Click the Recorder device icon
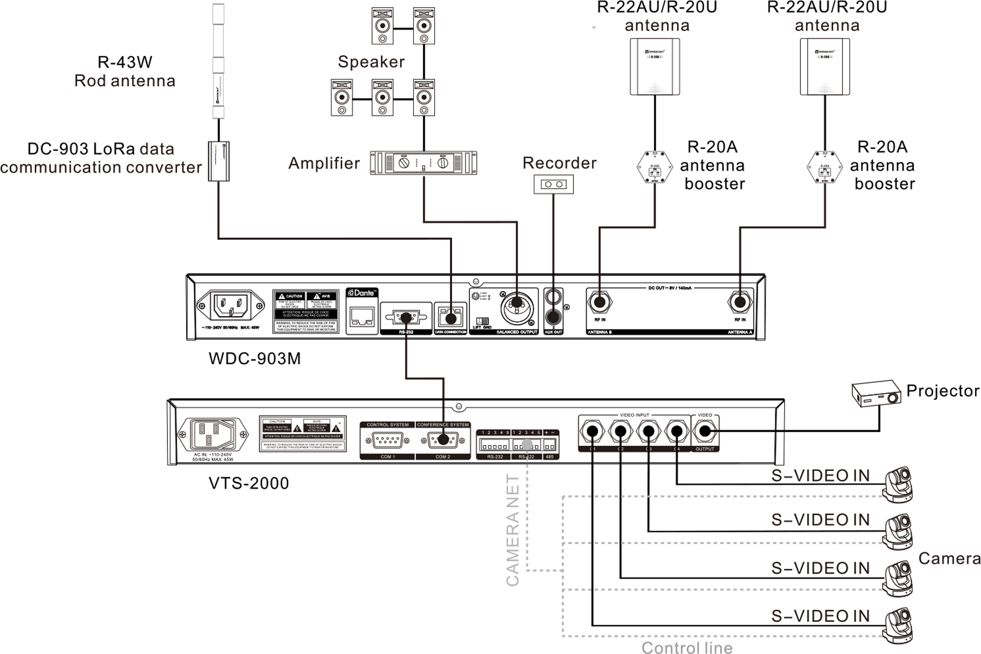coord(553,184)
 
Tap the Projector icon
coord(876,393)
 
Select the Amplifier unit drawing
coord(423,163)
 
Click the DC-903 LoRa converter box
coord(218,161)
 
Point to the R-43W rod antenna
coord(218,61)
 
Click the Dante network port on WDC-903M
coord(362,316)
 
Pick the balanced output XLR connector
coord(517,307)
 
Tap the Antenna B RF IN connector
coord(599,302)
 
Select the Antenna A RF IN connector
coord(740,302)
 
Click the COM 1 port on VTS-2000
coord(387,440)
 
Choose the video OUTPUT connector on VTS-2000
coord(704,431)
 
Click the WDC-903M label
coord(254,359)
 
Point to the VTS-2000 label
coord(249,483)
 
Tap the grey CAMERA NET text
coord(513,530)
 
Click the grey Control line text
coord(687,647)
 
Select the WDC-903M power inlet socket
coord(230,305)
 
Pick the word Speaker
coord(371,62)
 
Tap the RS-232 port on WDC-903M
coord(405,317)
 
